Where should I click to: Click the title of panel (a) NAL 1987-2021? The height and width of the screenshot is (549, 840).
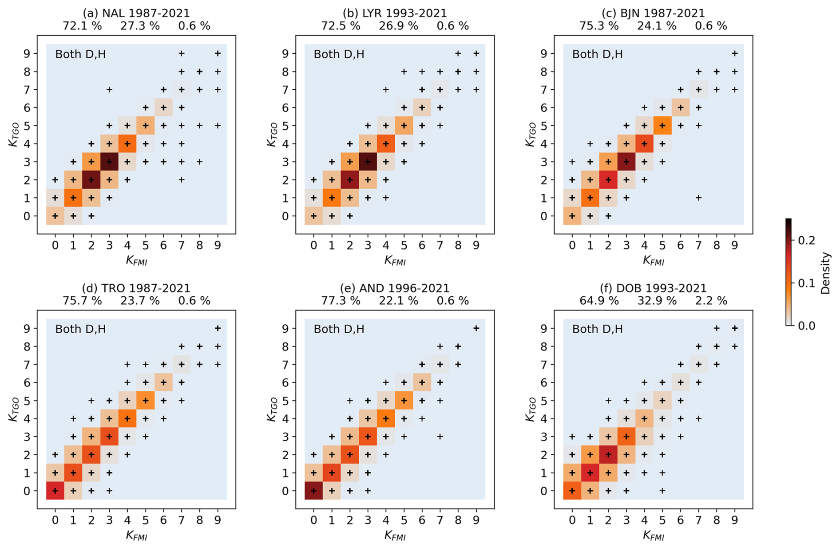[136, 13]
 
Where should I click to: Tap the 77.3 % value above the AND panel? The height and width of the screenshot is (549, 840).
[341, 301]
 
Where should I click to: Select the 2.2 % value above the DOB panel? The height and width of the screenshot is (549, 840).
[711, 301]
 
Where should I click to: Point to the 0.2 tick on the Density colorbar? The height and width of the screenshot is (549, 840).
[806, 240]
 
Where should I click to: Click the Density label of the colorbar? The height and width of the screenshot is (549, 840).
[825, 273]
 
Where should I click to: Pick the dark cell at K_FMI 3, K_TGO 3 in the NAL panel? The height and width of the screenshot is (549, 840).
[109, 162]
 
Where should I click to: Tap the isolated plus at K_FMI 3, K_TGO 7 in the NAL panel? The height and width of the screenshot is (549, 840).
[109, 89]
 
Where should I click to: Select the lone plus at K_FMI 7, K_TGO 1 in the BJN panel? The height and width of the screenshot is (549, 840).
[698, 198]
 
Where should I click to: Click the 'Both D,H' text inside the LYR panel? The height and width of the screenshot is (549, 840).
[339, 54]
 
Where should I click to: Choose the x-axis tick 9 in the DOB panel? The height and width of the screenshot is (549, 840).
[734, 520]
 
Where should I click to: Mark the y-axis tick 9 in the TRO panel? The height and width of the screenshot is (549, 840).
[27, 329]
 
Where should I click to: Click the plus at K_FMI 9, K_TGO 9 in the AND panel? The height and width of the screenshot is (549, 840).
[476, 328]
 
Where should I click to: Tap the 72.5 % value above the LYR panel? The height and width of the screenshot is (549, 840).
[341, 26]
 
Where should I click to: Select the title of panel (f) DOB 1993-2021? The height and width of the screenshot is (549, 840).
[653, 288]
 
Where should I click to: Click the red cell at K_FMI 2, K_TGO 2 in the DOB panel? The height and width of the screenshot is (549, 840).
[608, 454]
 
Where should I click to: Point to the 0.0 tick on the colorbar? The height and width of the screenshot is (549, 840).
[806, 326]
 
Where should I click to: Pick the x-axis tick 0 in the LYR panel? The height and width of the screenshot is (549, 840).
[313, 245]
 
